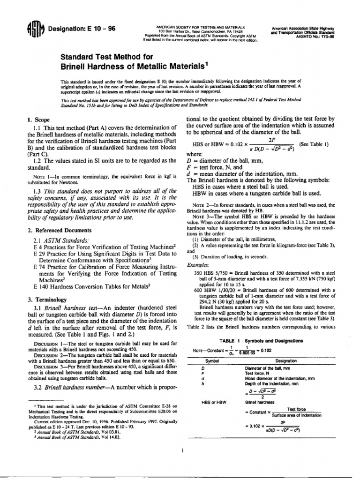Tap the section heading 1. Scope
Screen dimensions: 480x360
click(x=39, y=120)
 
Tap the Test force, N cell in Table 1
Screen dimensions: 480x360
click(x=258, y=373)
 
